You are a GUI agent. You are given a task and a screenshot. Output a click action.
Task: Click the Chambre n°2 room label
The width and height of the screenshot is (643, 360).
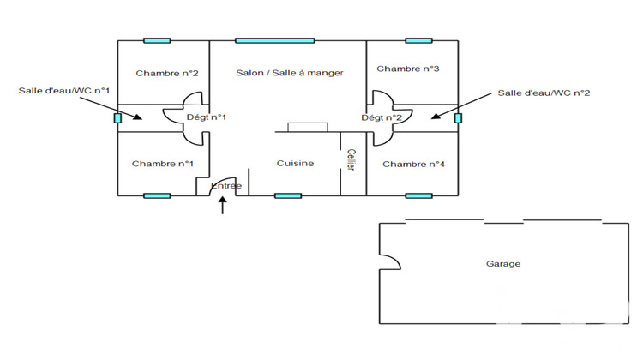click(167, 74)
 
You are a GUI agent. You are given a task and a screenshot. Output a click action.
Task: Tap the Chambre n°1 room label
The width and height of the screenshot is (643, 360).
click(162, 164)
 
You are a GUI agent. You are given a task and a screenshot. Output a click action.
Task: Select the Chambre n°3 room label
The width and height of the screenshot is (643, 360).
click(407, 69)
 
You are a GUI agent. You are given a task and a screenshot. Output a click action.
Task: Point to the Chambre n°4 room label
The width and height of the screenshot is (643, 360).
click(413, 164)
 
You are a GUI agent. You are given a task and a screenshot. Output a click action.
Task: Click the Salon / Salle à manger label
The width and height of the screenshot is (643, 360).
click(290, 73)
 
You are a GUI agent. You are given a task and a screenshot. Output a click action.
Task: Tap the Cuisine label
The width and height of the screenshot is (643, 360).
click(295, 163)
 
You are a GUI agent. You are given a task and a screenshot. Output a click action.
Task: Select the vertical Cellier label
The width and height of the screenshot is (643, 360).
click(351, 160)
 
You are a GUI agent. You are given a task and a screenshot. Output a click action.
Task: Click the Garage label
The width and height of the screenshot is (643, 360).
click(503, 264)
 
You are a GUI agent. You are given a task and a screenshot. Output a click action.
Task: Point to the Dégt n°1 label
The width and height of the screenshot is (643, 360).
click(207, 117)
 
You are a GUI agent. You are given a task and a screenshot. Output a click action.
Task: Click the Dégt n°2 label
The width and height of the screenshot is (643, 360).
click(382, 117)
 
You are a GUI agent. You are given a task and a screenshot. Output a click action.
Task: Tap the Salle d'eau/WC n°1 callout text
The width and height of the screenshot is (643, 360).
click(64, 91)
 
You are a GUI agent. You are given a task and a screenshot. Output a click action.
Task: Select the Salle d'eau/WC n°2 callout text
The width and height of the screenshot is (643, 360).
click(544, 93)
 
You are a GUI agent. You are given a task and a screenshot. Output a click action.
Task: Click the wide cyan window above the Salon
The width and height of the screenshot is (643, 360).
click(274, 40)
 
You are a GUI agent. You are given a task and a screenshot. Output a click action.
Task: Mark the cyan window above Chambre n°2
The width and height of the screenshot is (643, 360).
click(157, 40)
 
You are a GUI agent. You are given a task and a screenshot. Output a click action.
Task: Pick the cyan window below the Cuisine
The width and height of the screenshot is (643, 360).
click(288, 196)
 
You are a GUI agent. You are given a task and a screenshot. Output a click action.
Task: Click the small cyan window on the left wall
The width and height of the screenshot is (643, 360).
click(117, 118)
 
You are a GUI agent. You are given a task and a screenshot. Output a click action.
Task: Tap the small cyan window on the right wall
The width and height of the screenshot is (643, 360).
click(458, 118)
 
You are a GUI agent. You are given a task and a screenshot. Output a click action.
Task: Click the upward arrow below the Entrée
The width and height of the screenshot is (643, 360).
click(223, 206)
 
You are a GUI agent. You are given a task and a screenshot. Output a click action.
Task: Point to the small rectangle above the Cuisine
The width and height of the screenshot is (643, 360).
click(308, 127)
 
